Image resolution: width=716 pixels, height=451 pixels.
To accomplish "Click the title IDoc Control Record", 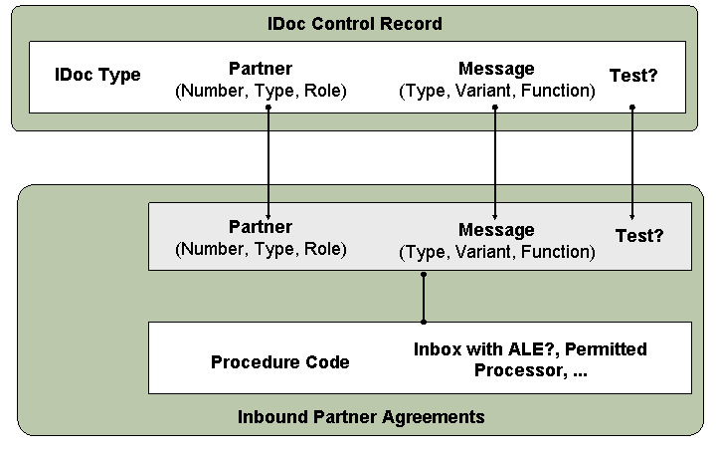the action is tap(355, 23).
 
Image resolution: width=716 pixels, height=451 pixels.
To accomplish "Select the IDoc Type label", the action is tap(97, 75).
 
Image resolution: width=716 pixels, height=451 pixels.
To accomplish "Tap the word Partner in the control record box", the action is tap(261, 69).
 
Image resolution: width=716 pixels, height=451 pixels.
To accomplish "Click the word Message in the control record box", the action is tap(496, 69).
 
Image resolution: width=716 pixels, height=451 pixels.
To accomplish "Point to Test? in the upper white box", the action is tap(633, 76).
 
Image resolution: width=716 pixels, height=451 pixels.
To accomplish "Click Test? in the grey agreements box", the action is tap(639, 236).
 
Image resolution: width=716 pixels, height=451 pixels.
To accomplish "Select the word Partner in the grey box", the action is tap(261, 227).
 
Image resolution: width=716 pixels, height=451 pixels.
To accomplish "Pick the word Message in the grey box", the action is tap(496, 230).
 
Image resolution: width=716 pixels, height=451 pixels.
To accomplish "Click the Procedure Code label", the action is tap(279, 362).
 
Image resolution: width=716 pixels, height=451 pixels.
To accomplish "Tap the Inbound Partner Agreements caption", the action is tap(361, 417).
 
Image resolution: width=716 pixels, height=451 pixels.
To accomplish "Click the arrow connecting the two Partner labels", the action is tap(268, 163).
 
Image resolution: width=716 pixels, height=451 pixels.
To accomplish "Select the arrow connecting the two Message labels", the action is tap(495, 163).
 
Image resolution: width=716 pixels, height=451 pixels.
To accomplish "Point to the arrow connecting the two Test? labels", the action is tap(632, 163).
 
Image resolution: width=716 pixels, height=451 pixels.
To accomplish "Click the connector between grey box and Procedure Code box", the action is tap(424, 298).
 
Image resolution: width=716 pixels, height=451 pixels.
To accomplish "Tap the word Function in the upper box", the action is tap(558, 91).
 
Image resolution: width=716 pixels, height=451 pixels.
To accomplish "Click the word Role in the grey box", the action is tap(325, 249).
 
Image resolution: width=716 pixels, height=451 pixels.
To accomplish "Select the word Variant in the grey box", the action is tap(484, 252).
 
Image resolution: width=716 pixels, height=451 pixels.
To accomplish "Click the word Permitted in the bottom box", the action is tap(606, 349).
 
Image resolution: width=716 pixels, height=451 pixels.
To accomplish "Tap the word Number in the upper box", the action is tap(212, 91).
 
